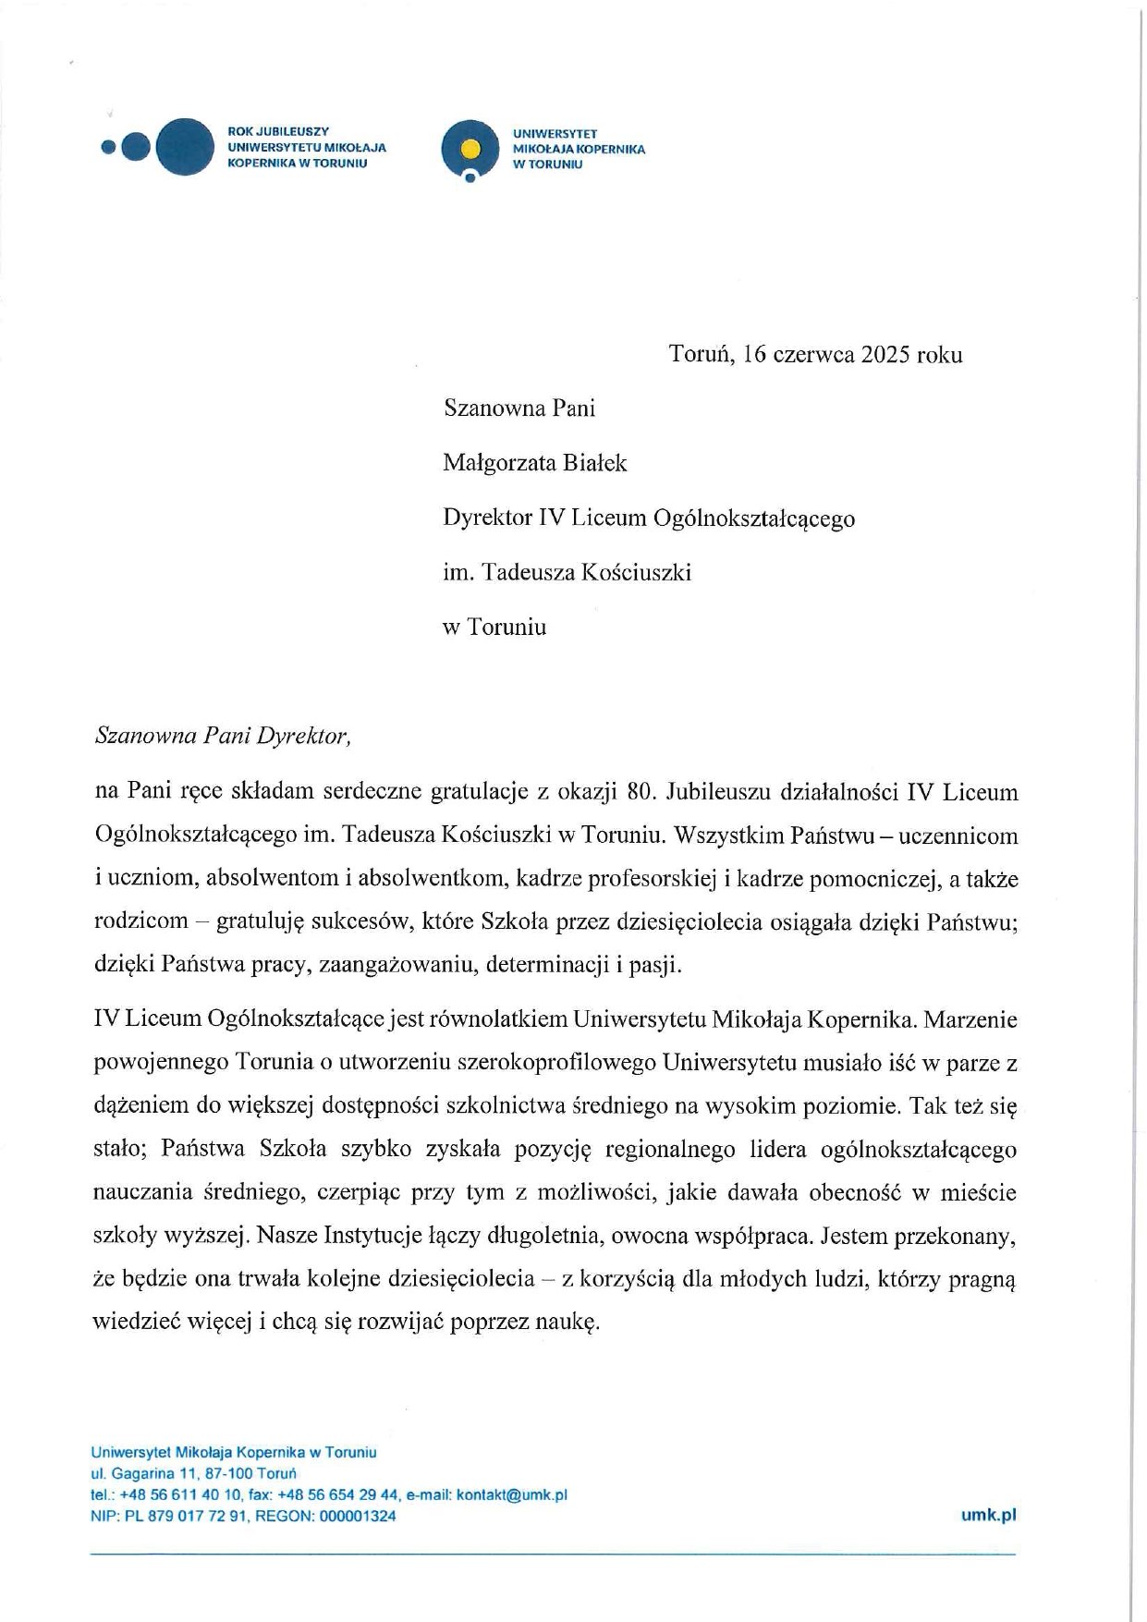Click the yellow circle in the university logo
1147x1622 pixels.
pos(470,146)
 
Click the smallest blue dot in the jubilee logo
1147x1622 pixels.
pos(108,146)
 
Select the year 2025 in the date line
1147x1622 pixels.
pos(886,355)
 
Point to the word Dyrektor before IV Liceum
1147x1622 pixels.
pos(487,518)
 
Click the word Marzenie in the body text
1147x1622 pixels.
pos(970,1019)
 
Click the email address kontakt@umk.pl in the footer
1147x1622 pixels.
pos(512,1495)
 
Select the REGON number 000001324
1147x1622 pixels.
pos(358,1516)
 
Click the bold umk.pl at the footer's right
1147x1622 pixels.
pos(988,1515)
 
